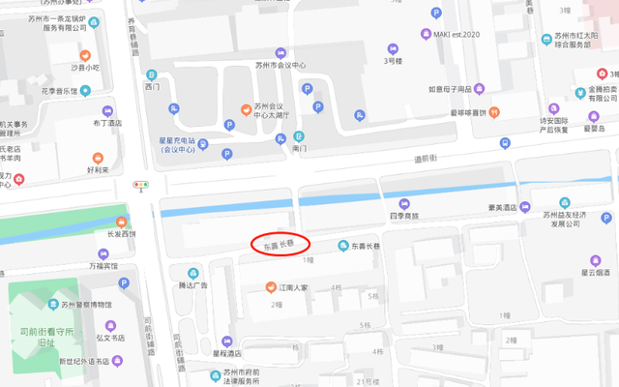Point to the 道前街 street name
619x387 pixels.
[427, 158]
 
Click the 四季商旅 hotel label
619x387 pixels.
[401, 216]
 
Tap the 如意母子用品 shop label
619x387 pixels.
[450, 90]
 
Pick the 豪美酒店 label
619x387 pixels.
[502, 207]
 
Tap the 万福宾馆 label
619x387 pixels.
[102, 264]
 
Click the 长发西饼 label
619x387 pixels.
[106, 233]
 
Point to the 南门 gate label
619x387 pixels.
[299, 149]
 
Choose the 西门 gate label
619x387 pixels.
[150, 87]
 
